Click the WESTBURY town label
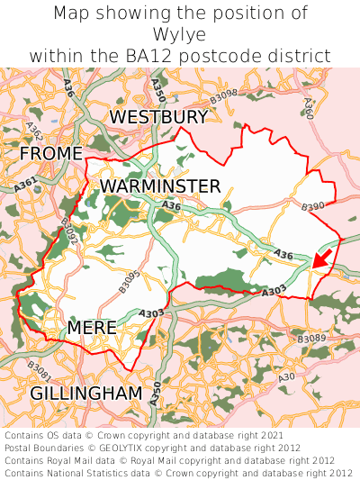158,117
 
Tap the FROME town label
50,154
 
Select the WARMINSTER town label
160,186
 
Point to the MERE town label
92,328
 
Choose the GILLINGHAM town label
86,394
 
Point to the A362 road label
34,131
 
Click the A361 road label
25,184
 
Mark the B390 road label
313,206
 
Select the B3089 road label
311,339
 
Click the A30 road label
287,376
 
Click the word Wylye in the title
180,34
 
